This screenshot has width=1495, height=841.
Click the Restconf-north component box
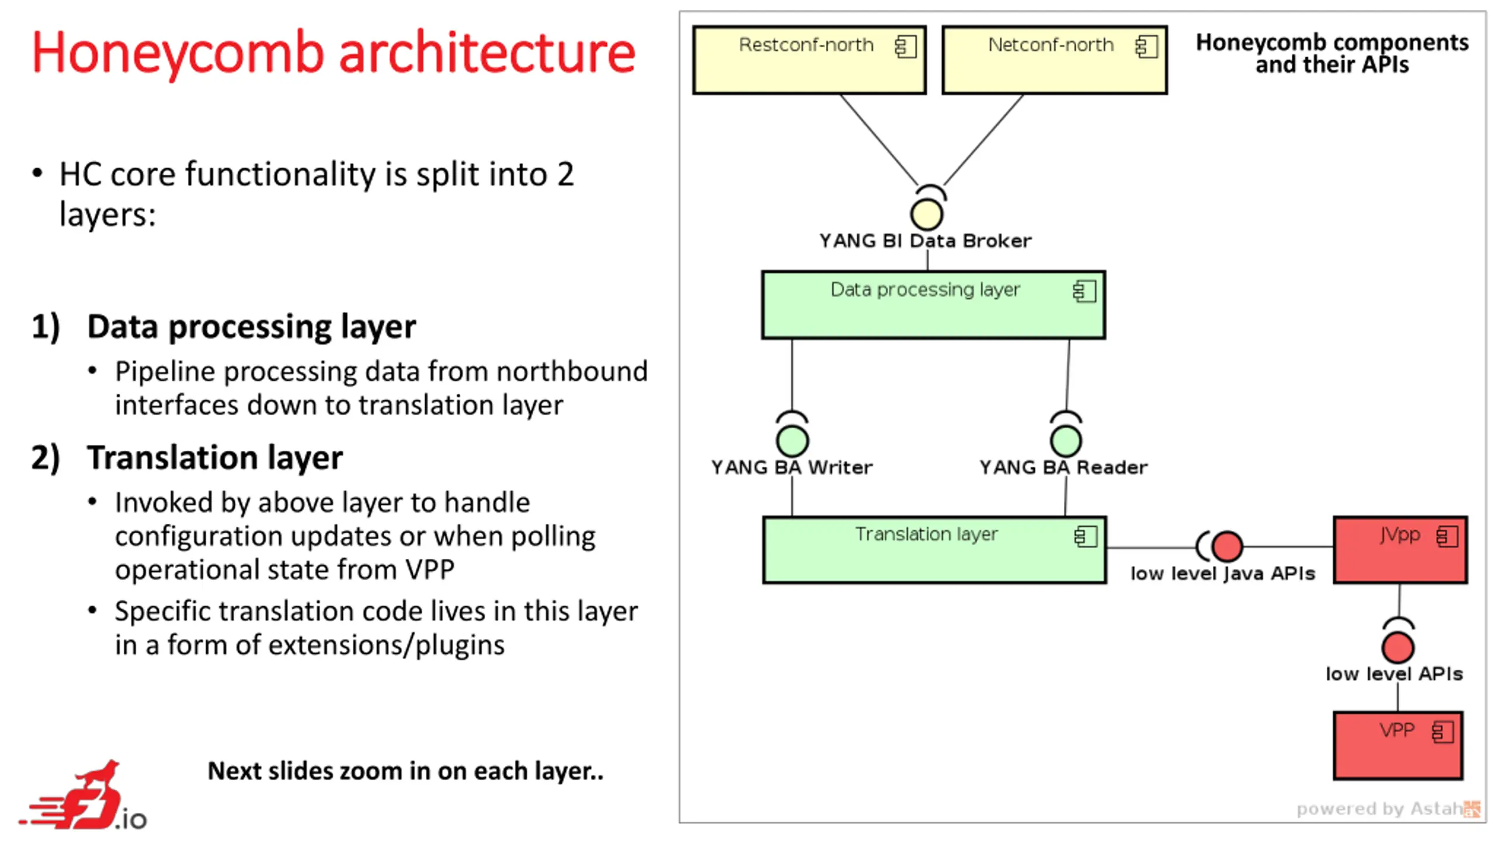point(809,60)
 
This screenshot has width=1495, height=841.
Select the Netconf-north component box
point(1054,60)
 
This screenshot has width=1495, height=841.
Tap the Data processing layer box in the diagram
point(933,305)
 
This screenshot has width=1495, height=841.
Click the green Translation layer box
point(934,550)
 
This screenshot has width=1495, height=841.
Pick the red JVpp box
point(1400,550)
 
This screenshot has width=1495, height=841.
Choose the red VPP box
point(1397,745)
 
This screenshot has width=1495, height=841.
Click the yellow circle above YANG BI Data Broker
point(926,214)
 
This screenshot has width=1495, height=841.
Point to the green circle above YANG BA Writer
point(792,440)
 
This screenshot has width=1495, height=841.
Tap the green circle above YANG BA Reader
point(1066,440)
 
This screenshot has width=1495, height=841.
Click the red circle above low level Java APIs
point(1227,547)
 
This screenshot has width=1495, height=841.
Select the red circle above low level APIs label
point(1397,647)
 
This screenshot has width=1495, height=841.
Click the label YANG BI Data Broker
point(925,241)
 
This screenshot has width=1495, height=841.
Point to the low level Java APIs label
point(1223,574)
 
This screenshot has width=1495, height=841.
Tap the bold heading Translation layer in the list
point(215,457)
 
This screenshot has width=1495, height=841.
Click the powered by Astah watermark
point(1388,809)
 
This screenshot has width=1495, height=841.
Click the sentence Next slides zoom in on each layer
point(405,771)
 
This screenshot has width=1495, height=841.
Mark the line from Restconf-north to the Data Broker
point(879,140)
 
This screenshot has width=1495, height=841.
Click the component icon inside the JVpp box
point(1447,536)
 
